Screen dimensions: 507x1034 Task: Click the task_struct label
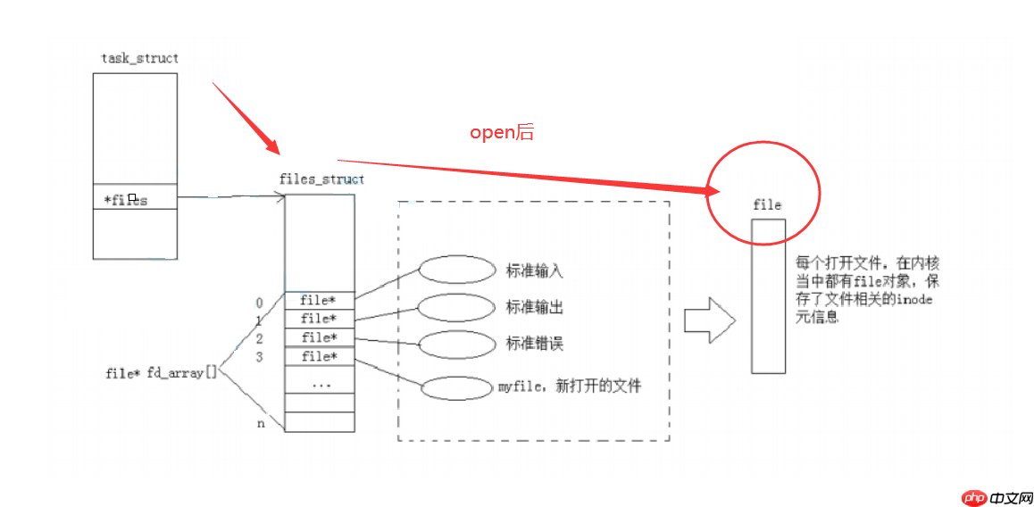pos(140,58)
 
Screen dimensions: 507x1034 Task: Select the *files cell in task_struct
pos(135,199)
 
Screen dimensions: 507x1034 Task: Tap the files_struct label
pos(321,179)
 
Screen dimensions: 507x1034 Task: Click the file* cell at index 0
pos(320,300)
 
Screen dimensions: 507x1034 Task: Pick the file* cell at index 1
pos(320,319)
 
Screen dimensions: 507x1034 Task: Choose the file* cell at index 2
pos(320,337)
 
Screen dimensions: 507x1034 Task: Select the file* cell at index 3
pos(320,356)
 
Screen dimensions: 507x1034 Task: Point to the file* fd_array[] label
pos(161,373)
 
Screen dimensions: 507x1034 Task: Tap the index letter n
pos(261,423)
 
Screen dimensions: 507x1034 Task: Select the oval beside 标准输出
pos(456,307)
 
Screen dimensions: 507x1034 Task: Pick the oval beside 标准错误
pos(456,344)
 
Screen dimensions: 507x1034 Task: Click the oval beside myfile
pos(456,388)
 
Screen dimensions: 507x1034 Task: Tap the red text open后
pos(502,132)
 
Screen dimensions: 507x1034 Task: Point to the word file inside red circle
pos(767,205)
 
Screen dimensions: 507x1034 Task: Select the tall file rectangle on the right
pos(768,295)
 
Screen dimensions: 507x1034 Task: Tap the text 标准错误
pos(535,344)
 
